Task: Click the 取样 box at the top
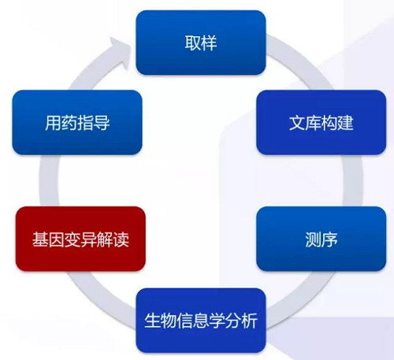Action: (x=201, y=43)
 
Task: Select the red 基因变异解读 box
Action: (x=80, y=239)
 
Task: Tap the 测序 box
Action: (x=322, y=239)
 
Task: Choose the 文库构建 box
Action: (x=322, y=122)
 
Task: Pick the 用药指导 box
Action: (x=77, y=122)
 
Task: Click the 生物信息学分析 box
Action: (x=201, y=321)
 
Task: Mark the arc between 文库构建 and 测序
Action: (x=353, y=180)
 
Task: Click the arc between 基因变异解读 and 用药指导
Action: (x=49, y=180)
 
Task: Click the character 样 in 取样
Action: (x=209, y=43)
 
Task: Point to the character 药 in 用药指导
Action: (x=69, y=123)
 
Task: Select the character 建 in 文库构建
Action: (x=345, y=123)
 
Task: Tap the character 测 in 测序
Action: (x=313, y=239)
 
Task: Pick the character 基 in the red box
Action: (x=40, y=239)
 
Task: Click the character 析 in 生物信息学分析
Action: (x=249, y=321)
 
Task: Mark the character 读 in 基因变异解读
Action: (x=121, y=239)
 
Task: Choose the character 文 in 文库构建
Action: (x=297, y=123)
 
